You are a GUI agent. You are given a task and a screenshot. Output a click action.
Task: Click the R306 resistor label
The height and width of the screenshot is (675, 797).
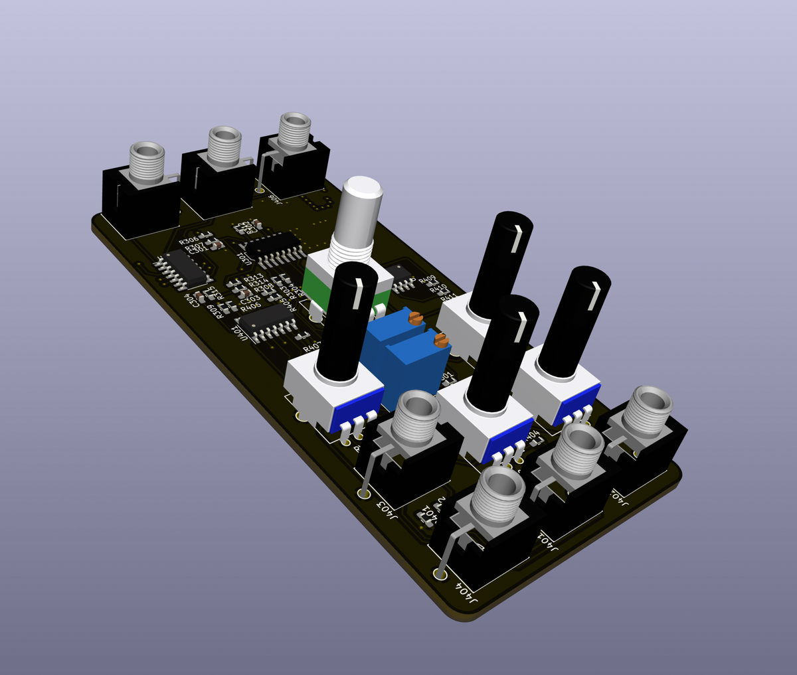click(x=189, y=241)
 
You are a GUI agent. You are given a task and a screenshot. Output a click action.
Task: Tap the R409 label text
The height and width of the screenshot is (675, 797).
click(x=427, y=279)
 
